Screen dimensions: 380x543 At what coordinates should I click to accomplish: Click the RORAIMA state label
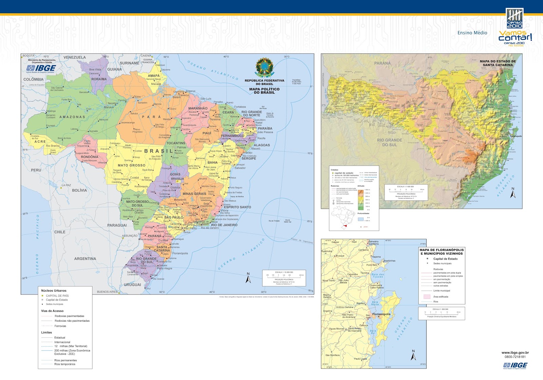pos(99,79)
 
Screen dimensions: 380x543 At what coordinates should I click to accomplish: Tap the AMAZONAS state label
pos(72,117)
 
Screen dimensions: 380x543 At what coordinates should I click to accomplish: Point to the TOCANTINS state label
pos(176,143)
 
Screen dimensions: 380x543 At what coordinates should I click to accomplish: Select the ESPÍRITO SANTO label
pos(238,207)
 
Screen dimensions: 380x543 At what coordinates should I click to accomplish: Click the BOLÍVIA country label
pos(79,190)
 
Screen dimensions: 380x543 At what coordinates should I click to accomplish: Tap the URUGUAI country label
pos(132,285)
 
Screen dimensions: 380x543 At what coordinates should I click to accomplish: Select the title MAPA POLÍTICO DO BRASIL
pos(264,91)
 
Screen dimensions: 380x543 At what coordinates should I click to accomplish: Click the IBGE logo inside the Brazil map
pos(41,69)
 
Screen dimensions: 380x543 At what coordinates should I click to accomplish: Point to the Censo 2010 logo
pos(515,19)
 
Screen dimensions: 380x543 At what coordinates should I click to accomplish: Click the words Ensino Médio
pos(472,33)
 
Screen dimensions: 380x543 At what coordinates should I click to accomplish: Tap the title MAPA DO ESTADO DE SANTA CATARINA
pos(498,63)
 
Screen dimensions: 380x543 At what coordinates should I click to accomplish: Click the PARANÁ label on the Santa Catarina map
pos(382,63)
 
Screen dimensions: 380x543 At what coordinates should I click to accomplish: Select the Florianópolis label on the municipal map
pos(381,314)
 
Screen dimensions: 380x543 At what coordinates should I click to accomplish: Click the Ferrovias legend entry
pos(60,326)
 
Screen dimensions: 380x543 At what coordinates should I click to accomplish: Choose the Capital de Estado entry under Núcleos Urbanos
pos(57,300)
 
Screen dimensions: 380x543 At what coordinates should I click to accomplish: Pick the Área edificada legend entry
pos(441,297)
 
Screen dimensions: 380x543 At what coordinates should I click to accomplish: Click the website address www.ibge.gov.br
pos(515,353)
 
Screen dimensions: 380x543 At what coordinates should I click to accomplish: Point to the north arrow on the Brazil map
pos(248,278)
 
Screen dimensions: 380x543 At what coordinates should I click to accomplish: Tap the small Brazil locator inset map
pos(343,216)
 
